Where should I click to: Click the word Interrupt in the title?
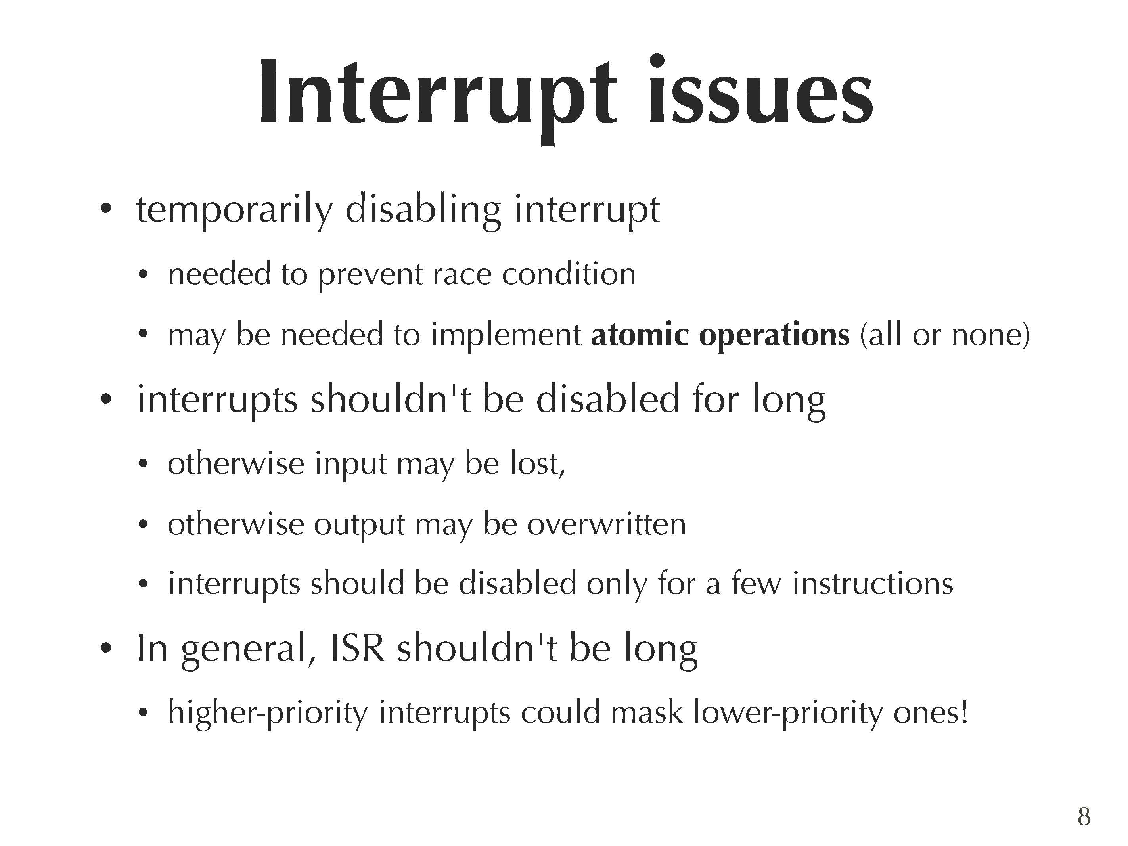[438, 97]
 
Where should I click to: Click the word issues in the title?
[761, 90]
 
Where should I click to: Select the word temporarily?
[235, 210]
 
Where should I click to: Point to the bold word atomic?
[640, 335]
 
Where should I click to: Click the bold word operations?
[774, 337]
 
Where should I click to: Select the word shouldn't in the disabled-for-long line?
[391, 399]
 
